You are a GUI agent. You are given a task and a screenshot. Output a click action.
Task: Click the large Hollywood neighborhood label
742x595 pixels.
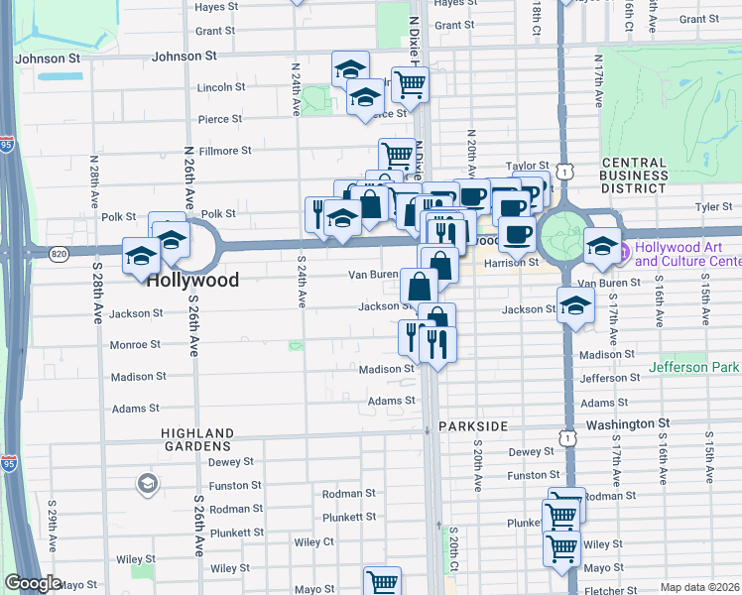(x=192, y=281)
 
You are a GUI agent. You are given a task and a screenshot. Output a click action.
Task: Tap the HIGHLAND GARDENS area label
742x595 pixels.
(x=198, y=439)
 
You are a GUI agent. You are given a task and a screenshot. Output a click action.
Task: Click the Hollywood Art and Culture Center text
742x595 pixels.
(x=688, y=255)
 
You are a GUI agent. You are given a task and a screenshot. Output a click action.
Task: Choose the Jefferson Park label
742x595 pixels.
(x=694, y=367)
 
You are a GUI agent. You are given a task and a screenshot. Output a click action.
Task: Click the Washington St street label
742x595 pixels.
(x=628, y=422)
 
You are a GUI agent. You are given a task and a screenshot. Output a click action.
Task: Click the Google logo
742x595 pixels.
(x=34, y=583)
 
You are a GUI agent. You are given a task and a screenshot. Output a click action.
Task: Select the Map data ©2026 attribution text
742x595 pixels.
(x=700, y=587)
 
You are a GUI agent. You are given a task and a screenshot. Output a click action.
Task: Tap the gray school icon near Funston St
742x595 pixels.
(x=147, y=484)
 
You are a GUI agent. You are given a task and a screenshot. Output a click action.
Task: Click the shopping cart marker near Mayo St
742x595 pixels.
(x=381, y=581)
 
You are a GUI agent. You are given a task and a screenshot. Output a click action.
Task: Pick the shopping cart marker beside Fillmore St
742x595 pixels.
(x=396, y=154)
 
